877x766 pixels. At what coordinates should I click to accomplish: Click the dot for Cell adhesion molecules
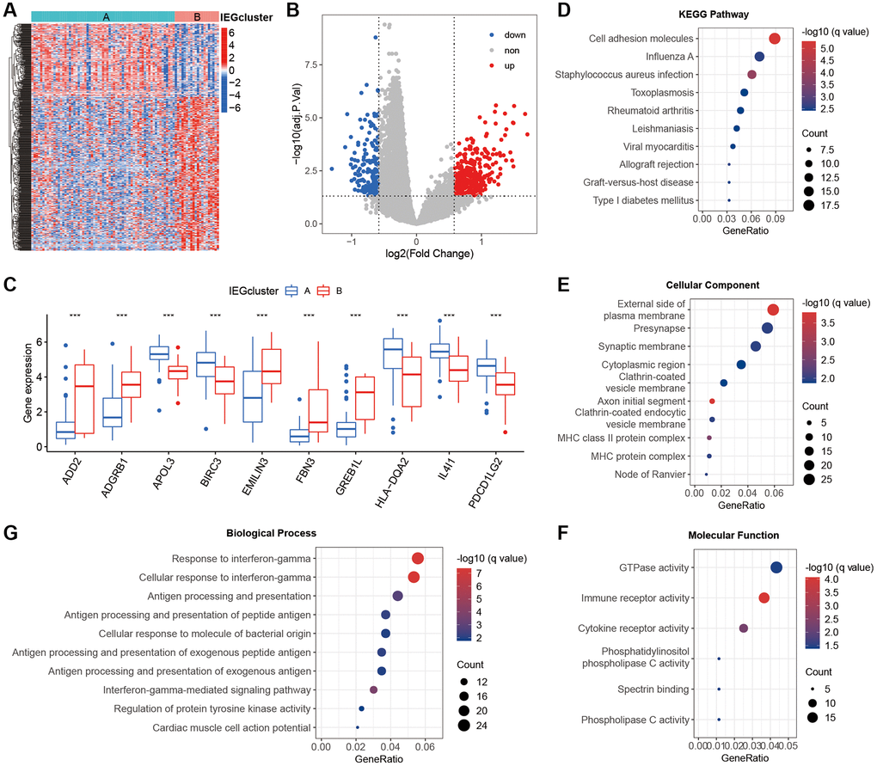(x=774, y=39)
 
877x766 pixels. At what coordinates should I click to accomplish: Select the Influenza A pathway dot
(x=759, y=57)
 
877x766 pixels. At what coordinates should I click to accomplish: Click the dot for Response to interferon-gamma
(x=418, y=559)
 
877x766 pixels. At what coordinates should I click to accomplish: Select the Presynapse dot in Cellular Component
(x=767, y=328)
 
